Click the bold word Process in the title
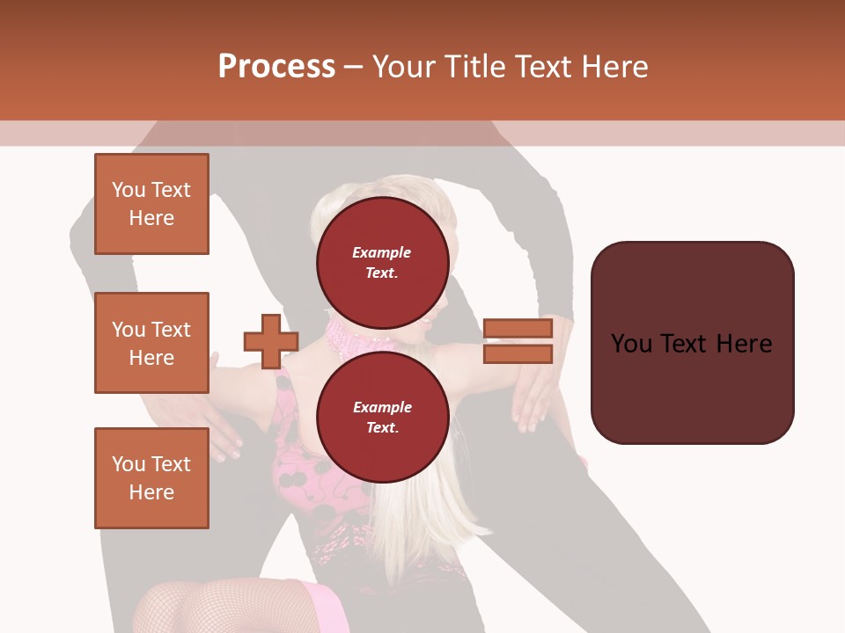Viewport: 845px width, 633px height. [x=276, y=67]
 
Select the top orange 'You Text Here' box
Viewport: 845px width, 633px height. [x=151, y=204]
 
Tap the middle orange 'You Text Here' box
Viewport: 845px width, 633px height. [x=151, y=343]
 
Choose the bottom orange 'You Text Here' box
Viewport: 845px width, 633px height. [x=151, y=478]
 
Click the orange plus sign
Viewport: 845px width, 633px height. [x=271, y=341]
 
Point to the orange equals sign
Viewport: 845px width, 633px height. [x=518, y=341]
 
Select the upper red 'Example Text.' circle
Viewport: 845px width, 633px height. [x=382, y=262]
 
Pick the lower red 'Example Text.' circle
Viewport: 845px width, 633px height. [x=382, y=418]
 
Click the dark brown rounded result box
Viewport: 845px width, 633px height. [x=692, y=343]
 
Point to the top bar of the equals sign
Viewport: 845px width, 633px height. [x=518, y=328]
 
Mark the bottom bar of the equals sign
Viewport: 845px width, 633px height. [x=518, y=354]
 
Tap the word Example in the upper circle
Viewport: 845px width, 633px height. [x=382, y=252]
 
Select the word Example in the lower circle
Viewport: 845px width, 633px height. [x=382, y=407]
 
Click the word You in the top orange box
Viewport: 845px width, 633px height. [x=129, y=190]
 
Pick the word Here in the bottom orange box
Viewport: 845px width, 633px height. [x=151, y=492]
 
